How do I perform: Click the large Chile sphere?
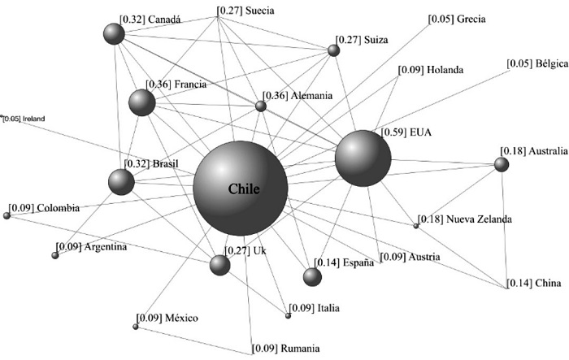pyautogui.click(x=240, y=189)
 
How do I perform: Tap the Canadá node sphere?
pyautogui.click(x=114, y=33)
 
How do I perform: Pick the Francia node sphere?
pyautogui.click(x=141, y=102)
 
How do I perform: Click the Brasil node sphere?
pyautogui.click(x=121, y=182)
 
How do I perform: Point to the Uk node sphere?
pyautogui.click(x=219, y=265)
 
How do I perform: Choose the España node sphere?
pyautogui.click(x=312, y=276)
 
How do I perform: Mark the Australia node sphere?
pyautogui.click(x=502, y=164)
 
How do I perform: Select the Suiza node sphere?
pyautogui.click(x=333, y=50)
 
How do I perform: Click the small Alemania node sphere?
pyautogui.click(x=260, y=106)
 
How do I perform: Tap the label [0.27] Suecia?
pyautogui.click(x=245, y=11)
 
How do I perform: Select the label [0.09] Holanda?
pyautogui.click(x=431, y=71)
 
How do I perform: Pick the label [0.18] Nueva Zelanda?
pyautogui.click(x=465, y=219)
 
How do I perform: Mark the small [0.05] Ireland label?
pyautogui.click(x=24, y=118)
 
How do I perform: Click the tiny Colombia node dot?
pyautogui.click(x=7, y=215)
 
